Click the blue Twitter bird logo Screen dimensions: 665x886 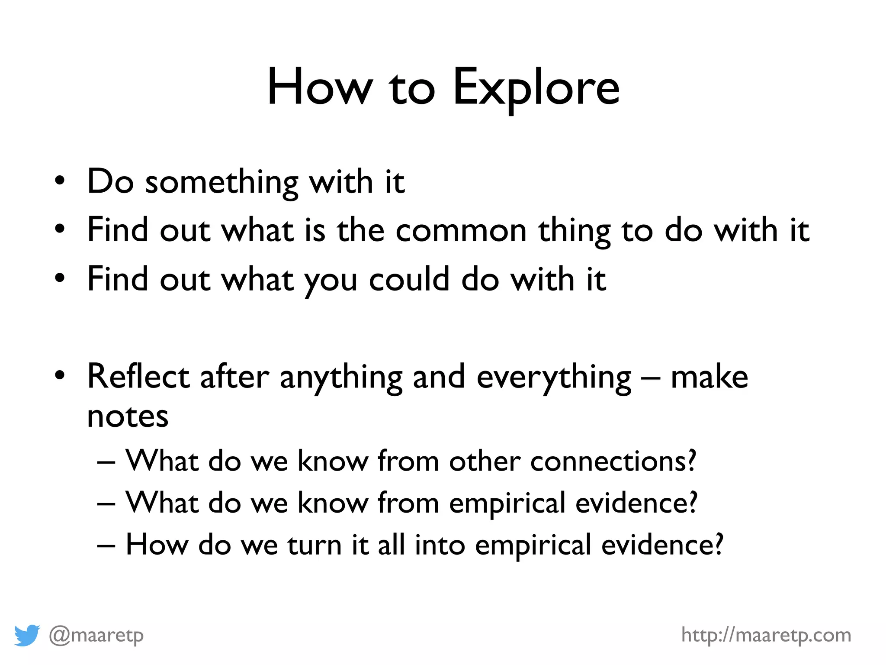point(27,635)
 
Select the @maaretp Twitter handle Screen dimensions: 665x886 point(96,636)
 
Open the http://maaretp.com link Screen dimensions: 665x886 point(766,635)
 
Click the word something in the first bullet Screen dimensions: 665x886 point(221,182)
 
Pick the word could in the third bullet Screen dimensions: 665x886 point(409,280)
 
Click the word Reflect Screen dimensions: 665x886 point(138,377)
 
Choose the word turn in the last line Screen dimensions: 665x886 point(315,545)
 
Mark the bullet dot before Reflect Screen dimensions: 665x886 point(60,376)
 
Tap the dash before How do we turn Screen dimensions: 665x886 point(106,546)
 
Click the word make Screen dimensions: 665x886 point(709,377)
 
